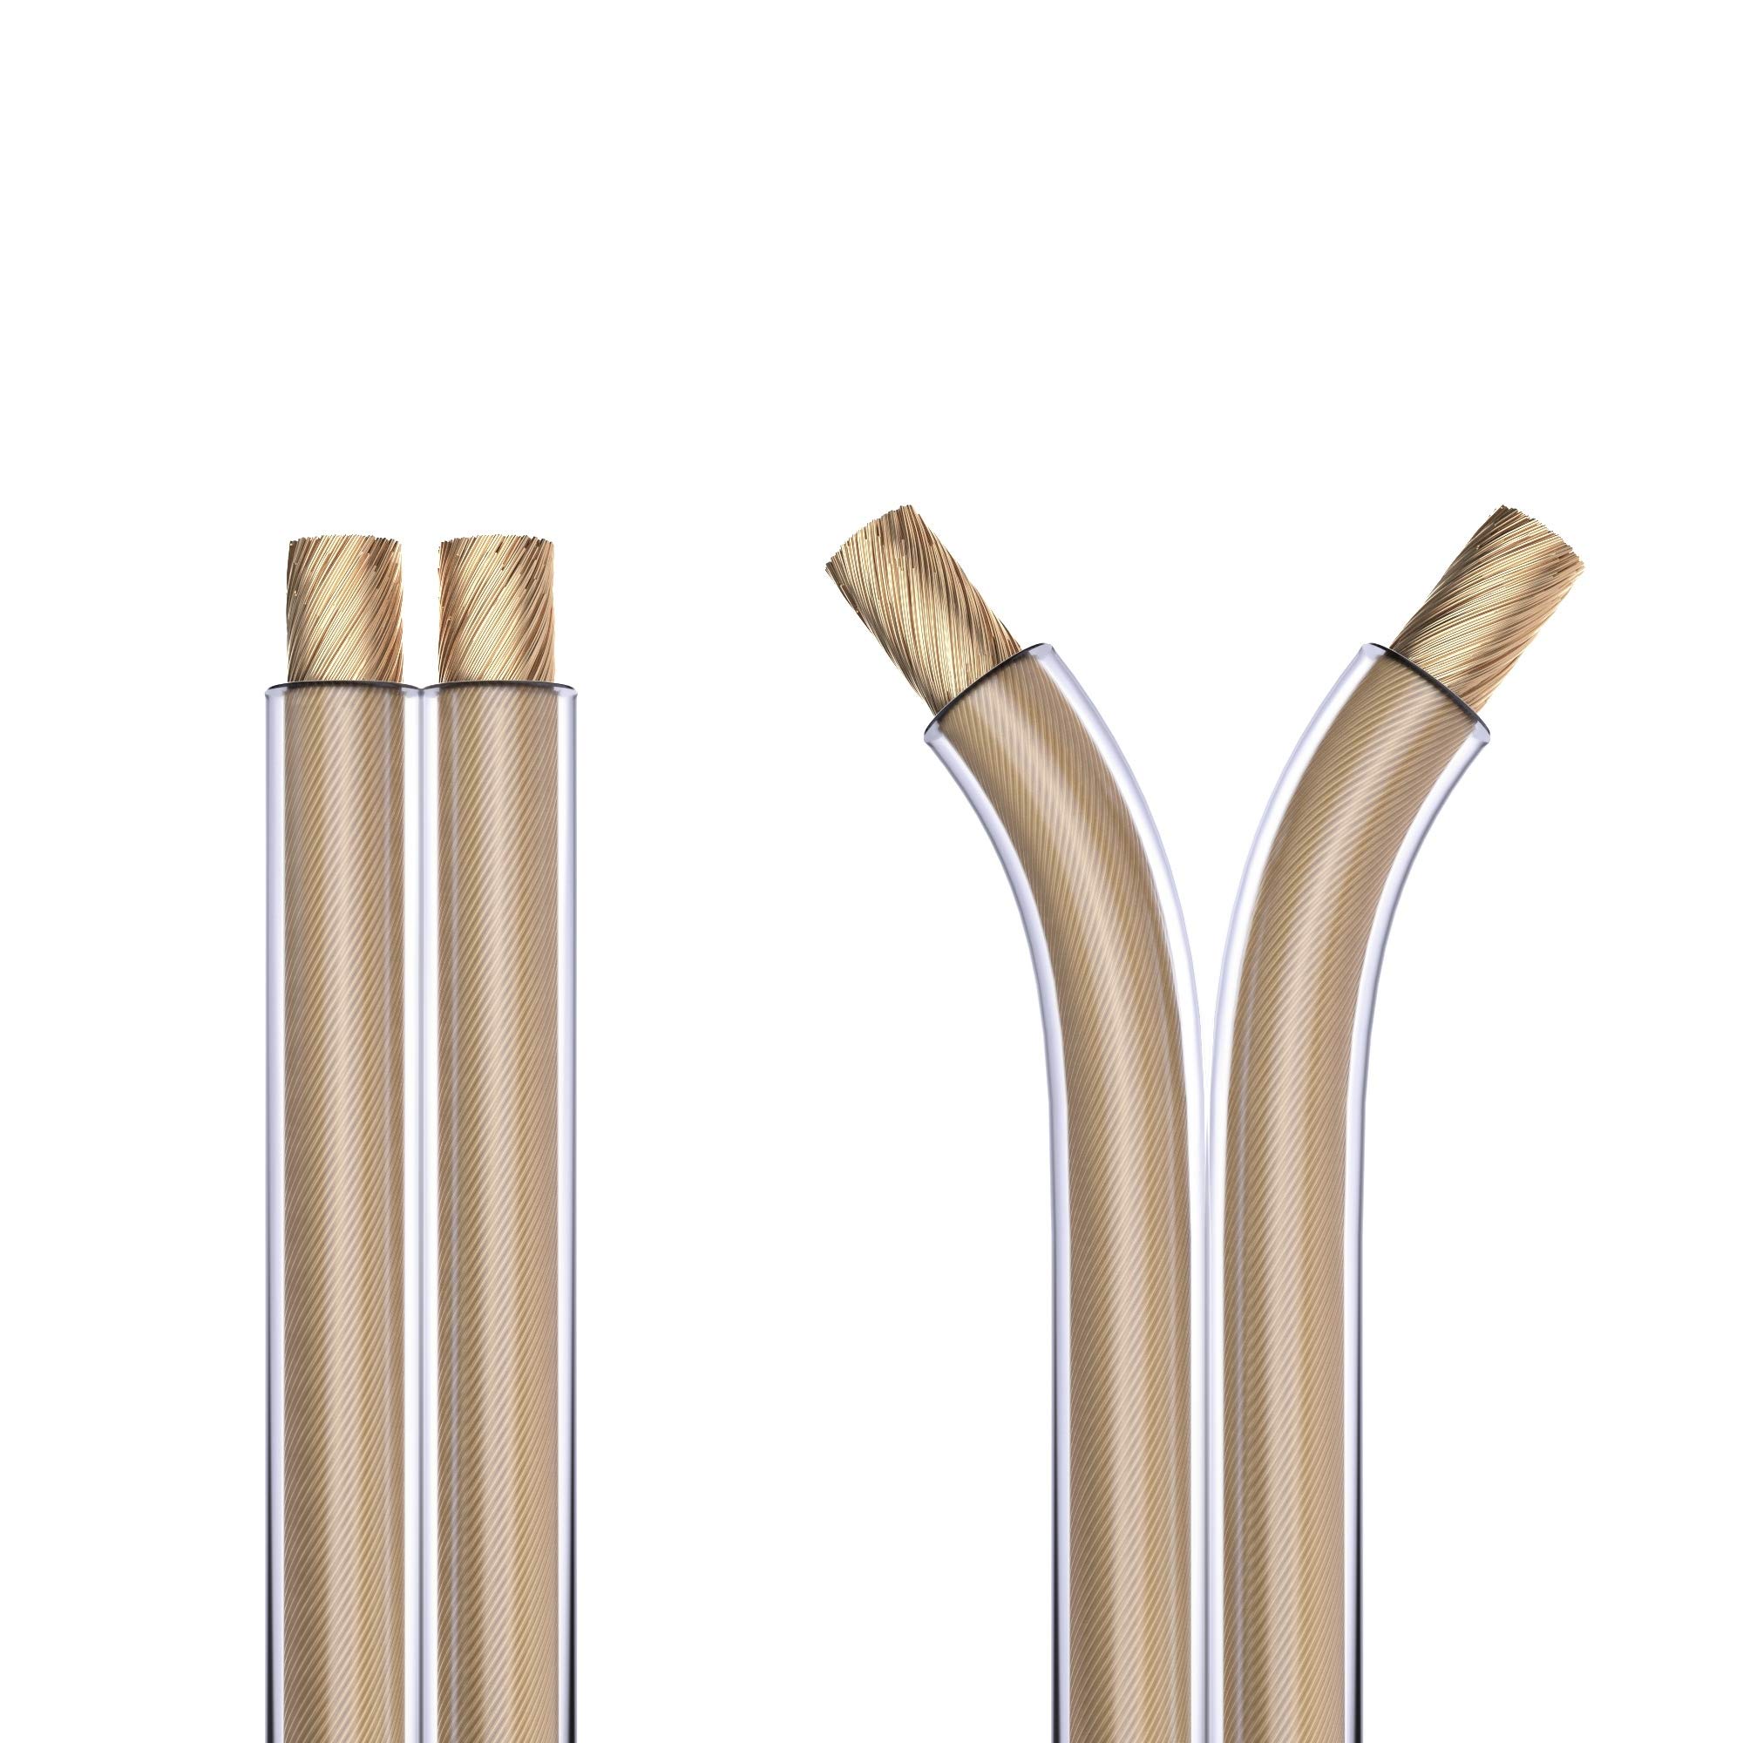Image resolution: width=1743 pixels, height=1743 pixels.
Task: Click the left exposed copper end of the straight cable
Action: coord(345,611)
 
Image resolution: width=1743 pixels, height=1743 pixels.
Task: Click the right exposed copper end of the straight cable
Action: coord(496,611)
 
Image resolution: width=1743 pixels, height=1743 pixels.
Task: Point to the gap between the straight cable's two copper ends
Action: coord(420,614)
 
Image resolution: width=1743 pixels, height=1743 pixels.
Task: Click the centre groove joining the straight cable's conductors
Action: coord(420,1173)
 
